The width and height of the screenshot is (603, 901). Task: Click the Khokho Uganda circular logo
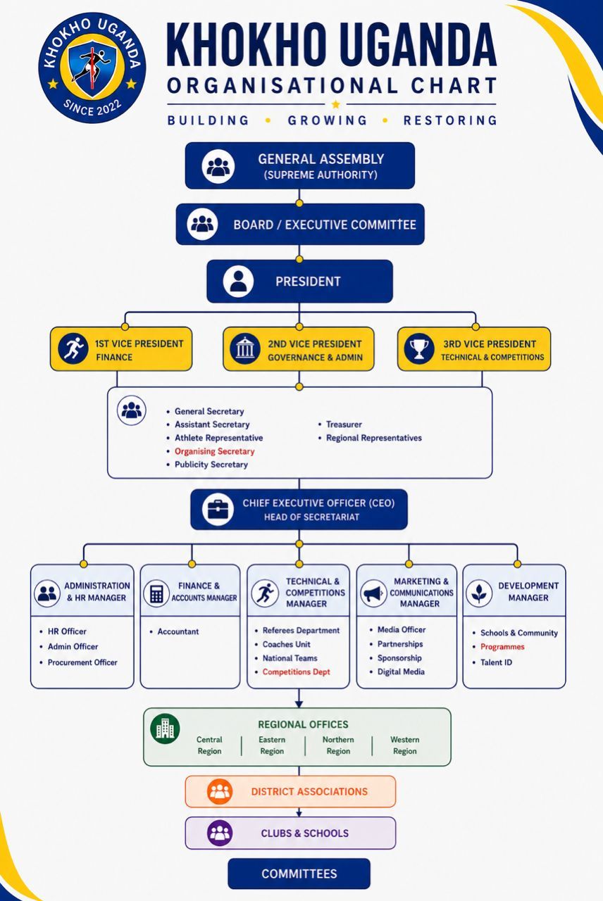(x=92, y=67)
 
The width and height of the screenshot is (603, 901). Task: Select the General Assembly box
(x=300, y=165)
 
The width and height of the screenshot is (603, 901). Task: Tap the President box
(x=299, y=281)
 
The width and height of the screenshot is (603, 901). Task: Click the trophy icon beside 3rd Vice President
(x=419, y=348)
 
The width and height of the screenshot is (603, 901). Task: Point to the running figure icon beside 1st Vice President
(x=73, y=348)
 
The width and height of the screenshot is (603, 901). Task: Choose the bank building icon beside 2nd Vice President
(x=244, y=348)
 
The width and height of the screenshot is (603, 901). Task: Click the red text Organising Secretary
(x=215, y=451)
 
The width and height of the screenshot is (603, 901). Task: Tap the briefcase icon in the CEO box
(x=218, y=509)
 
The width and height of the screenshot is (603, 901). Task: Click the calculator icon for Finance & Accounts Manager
(x=156, y=593)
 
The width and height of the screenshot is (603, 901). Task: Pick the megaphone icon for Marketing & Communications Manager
(x=373, y=593)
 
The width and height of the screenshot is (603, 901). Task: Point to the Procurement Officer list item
(x=78, y=662)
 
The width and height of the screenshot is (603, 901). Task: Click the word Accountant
(x=178, y=631)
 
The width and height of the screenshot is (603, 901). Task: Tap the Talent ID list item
(x=492, y=662)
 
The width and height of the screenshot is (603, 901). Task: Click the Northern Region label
(x=338, y=745)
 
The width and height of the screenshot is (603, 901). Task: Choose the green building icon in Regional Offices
(x=165, y=729)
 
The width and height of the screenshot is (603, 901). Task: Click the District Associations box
(x=290, y=791)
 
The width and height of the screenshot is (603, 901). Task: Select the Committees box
(x=299, y=874)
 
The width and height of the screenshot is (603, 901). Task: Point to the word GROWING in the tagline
(x=328, y=120)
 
